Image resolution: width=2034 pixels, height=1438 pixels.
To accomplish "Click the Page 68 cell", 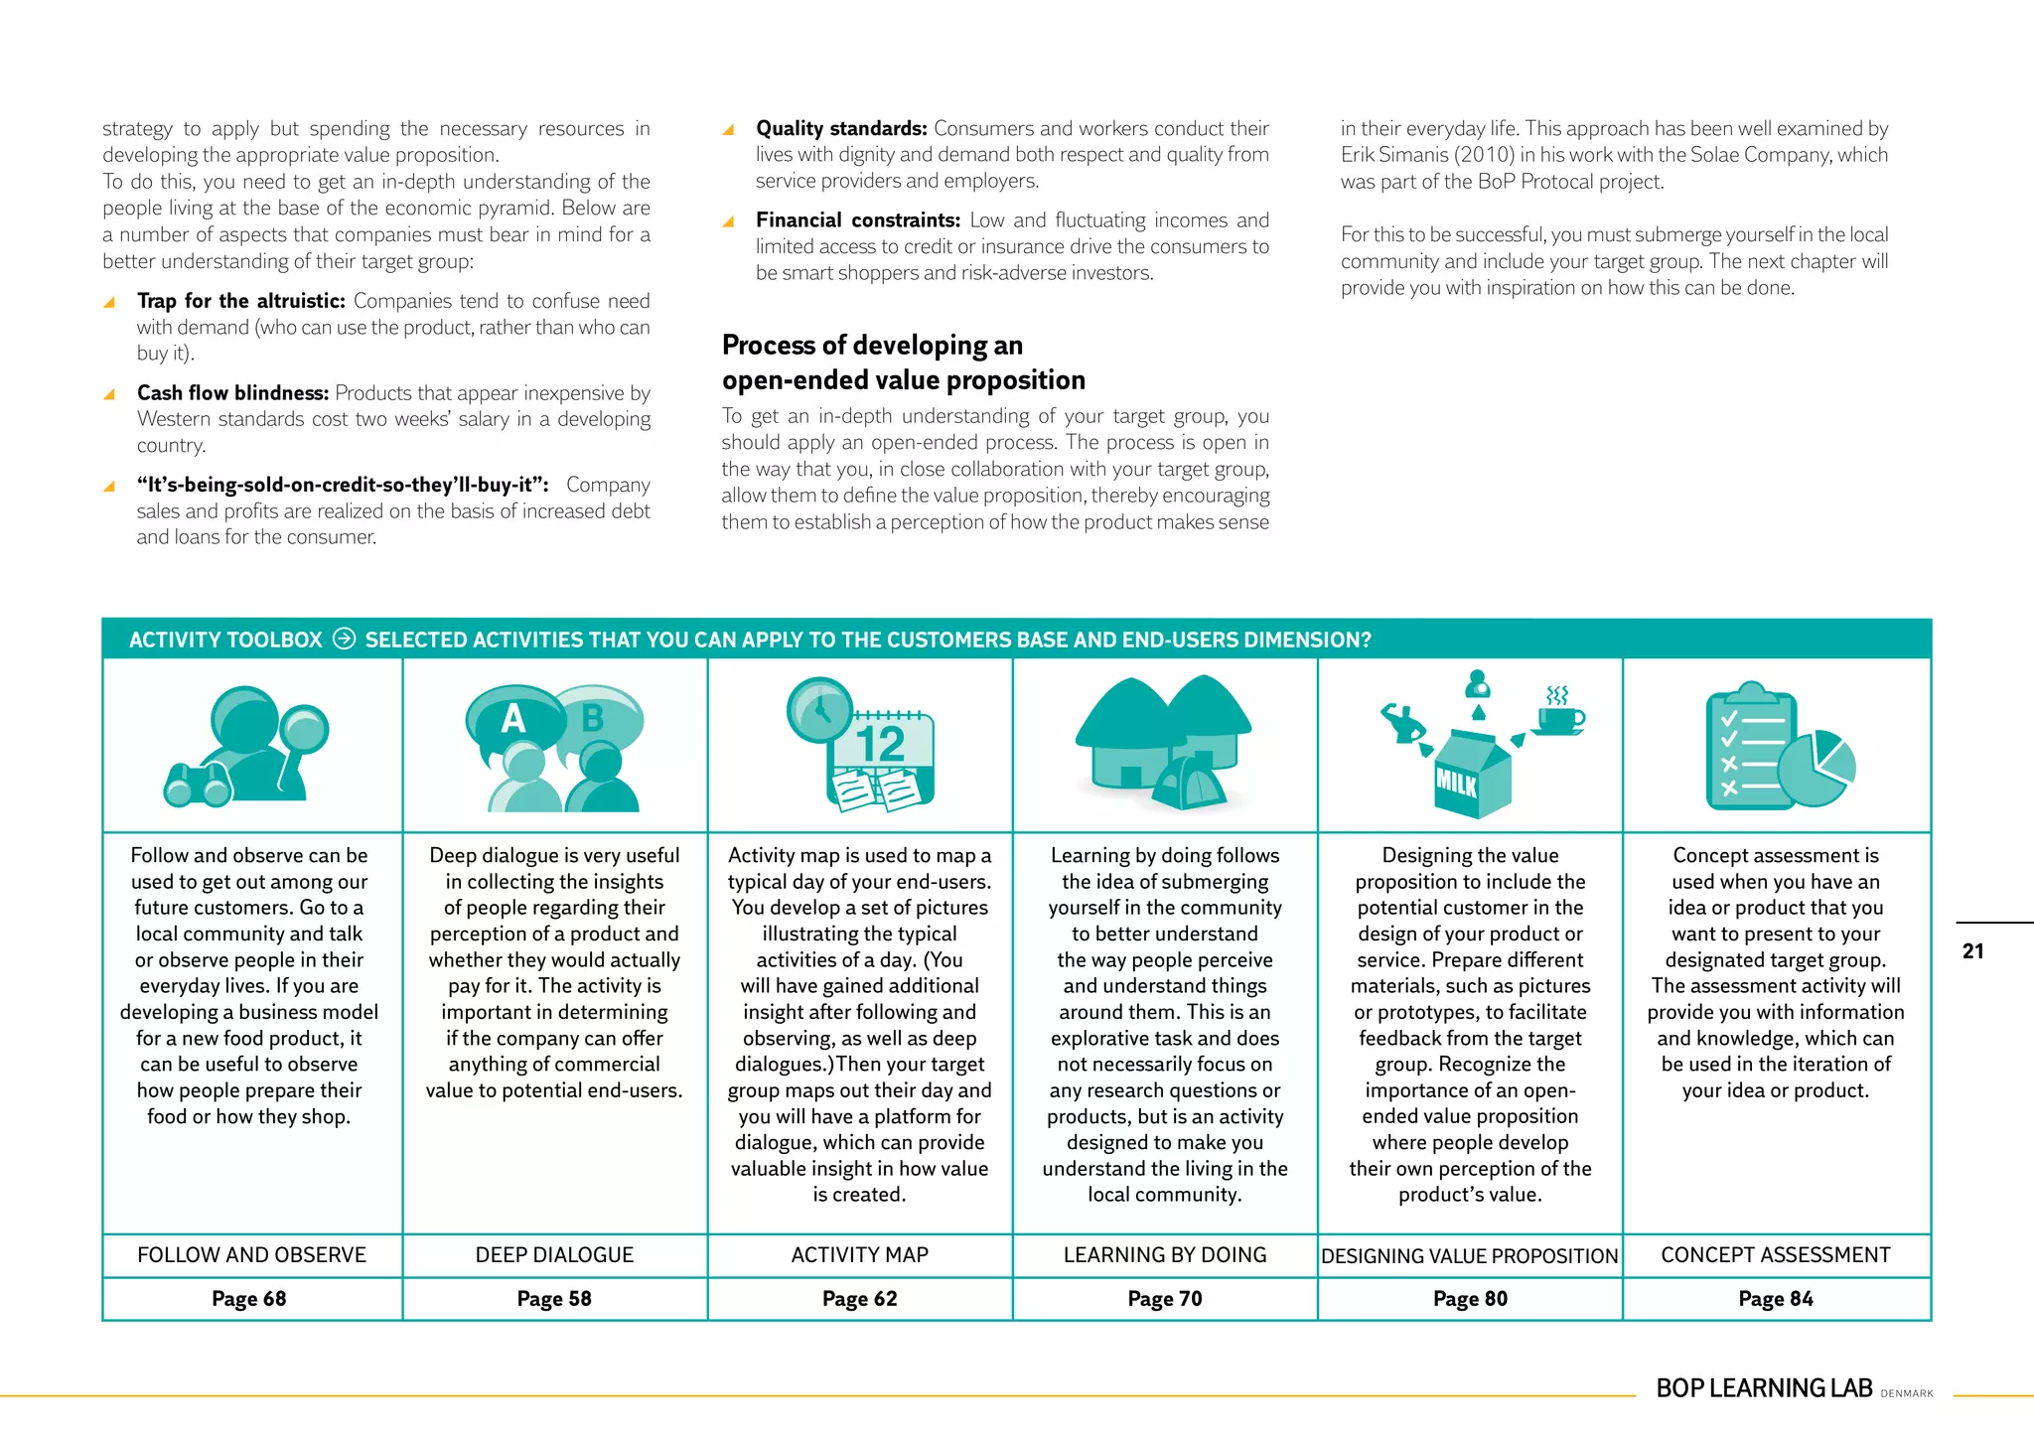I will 248,1299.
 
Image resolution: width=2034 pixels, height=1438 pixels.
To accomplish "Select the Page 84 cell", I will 1776,1299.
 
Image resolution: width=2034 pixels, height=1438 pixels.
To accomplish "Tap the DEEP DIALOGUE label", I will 554,1255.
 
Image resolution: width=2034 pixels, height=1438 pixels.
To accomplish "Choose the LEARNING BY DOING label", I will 1165,1255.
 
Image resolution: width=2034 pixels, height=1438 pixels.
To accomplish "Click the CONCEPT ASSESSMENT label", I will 1776,1255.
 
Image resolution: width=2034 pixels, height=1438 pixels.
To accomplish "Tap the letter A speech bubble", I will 512,718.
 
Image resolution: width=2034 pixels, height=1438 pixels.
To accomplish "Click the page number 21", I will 1972,951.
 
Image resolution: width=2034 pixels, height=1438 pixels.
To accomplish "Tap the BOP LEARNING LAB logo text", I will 1764,1388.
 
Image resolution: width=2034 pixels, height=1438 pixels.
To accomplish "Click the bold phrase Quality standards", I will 841,129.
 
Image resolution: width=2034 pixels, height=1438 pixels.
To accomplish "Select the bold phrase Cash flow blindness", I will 232,393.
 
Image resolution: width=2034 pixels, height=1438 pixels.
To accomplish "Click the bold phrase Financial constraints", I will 857,220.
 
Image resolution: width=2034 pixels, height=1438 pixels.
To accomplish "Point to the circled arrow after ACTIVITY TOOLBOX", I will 344,639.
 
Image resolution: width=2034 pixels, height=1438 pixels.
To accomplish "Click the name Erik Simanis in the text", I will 1393,155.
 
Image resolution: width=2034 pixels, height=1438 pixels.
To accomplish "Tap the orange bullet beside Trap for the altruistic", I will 109,302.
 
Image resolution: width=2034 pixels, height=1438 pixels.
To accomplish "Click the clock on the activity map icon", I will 819,709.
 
